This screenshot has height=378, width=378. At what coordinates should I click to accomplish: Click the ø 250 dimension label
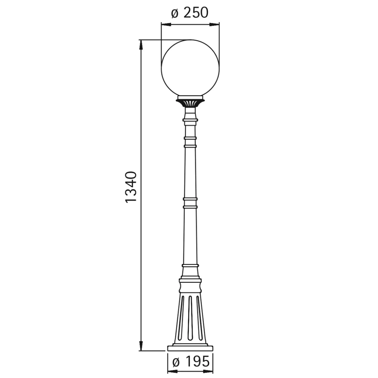190,13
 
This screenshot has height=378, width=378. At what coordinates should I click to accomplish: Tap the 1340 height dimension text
131,187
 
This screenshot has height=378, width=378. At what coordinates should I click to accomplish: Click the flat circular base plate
190,348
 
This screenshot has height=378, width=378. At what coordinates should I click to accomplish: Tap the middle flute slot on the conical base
190,318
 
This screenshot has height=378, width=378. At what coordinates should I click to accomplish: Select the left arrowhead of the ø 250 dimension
166,24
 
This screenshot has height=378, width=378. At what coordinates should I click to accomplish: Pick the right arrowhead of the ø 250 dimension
214,24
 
